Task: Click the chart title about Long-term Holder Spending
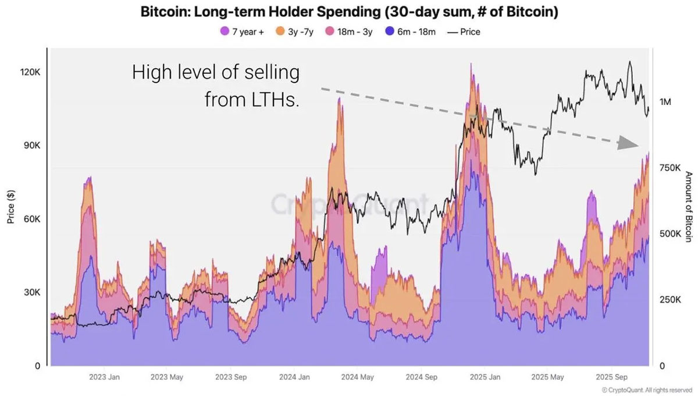pyautogui.click(x=349, y=12)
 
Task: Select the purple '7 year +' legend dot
pyautogui.click(x=224, y=32)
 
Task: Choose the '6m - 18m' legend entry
pyautogui.click(x=410, y=32)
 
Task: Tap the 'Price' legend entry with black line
pyautogui.click(x=464, y=32)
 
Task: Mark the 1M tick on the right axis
pyautogui.click(x=666, y=102)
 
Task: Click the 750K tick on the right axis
pyautogui.click(x=669, y=168)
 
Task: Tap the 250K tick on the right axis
pyautogui.click(x=669, y=300)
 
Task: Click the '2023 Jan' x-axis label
pyautogui.click(x=105, y=377)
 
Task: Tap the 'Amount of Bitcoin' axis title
pyautogui.click(x=688, y=207)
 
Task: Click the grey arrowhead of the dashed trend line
pyautogui.click(x=627, y=143)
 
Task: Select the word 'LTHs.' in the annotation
pyautogui.click(x=273, y=99)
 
